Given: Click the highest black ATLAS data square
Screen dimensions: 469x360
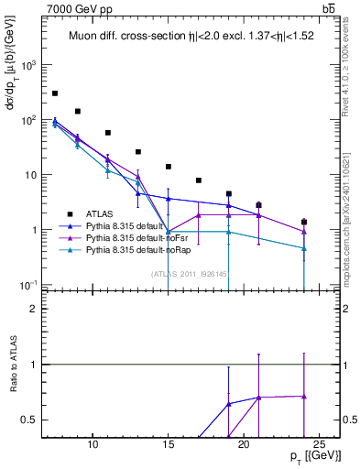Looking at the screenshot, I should pos(55,93).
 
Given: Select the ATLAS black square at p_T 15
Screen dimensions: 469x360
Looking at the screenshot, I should pos(169,167).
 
